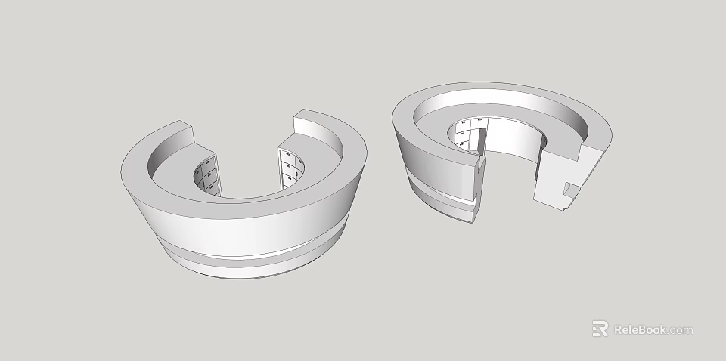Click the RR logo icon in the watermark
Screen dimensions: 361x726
[x=600, y=329]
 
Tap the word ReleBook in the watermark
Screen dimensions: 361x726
[x=639, y=329]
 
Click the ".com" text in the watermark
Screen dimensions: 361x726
[x=681, y=330]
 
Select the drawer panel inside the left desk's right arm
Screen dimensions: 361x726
[x=290, y=168]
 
